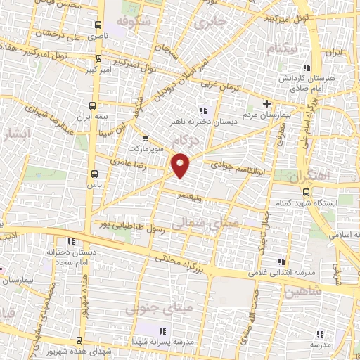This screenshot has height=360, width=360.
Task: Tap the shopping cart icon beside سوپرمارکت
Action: (145, 138)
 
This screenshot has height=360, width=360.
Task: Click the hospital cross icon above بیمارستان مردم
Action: (266, 103)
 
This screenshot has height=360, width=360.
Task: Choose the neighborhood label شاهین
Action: (304, 290)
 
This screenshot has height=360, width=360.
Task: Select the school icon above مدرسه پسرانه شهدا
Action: (161, 330)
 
